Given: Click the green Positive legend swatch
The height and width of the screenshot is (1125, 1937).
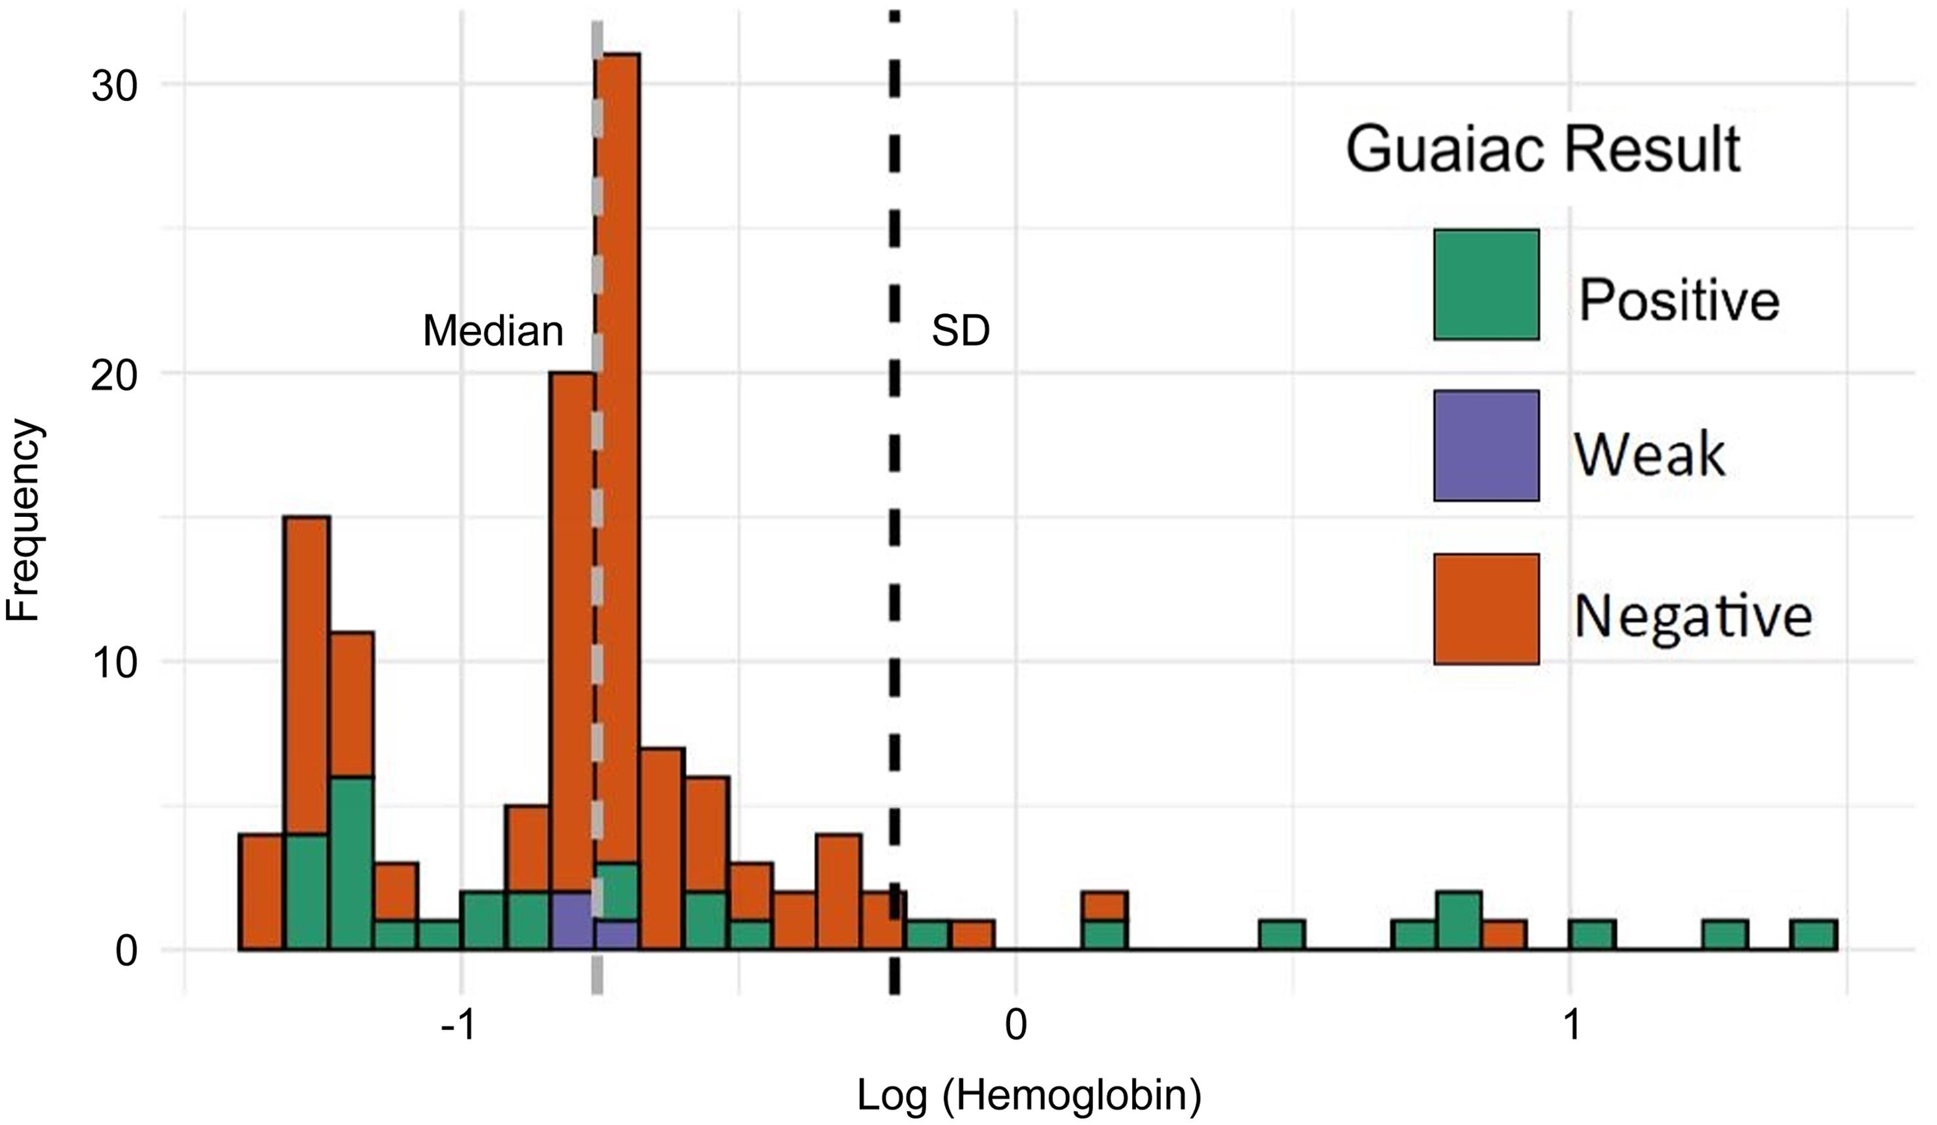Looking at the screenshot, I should pyautogui.click(x=1486, y=284).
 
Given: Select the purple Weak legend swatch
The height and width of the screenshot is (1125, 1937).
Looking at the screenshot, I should pyautogui.click(x=1486, y=445).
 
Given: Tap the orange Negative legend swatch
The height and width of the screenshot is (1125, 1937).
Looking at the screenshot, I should pyautogui.click(x=1486, y=609).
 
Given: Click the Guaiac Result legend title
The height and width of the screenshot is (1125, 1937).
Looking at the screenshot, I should pyautogui.click(x=1543, y=150).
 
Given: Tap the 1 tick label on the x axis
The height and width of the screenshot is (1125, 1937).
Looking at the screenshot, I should pyautogui.click(x=1571, y=1025).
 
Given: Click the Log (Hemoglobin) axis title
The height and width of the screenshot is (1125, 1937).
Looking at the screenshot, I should pyautogui.click(x=1029, y=1095).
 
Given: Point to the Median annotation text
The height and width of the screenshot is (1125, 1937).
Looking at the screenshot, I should pyautogui.click(x=493, y=332).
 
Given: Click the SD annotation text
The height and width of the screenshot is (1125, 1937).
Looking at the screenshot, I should pyautogui.click(x=960, y=332).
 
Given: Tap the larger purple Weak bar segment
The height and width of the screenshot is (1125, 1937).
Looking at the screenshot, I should pyautogui.click(x=572, y=920).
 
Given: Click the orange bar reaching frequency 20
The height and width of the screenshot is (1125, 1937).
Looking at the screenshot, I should pyautogui.click(x=572, y=615).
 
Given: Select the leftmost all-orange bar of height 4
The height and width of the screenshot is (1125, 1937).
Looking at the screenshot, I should pyautogui.click(x=261, y=891).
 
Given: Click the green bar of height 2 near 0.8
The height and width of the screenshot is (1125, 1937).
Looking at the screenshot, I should pyautogui.click(x=1459, y=920).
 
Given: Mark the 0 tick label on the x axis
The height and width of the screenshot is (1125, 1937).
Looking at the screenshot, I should pyautogui.click(x=1015, y=1025).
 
